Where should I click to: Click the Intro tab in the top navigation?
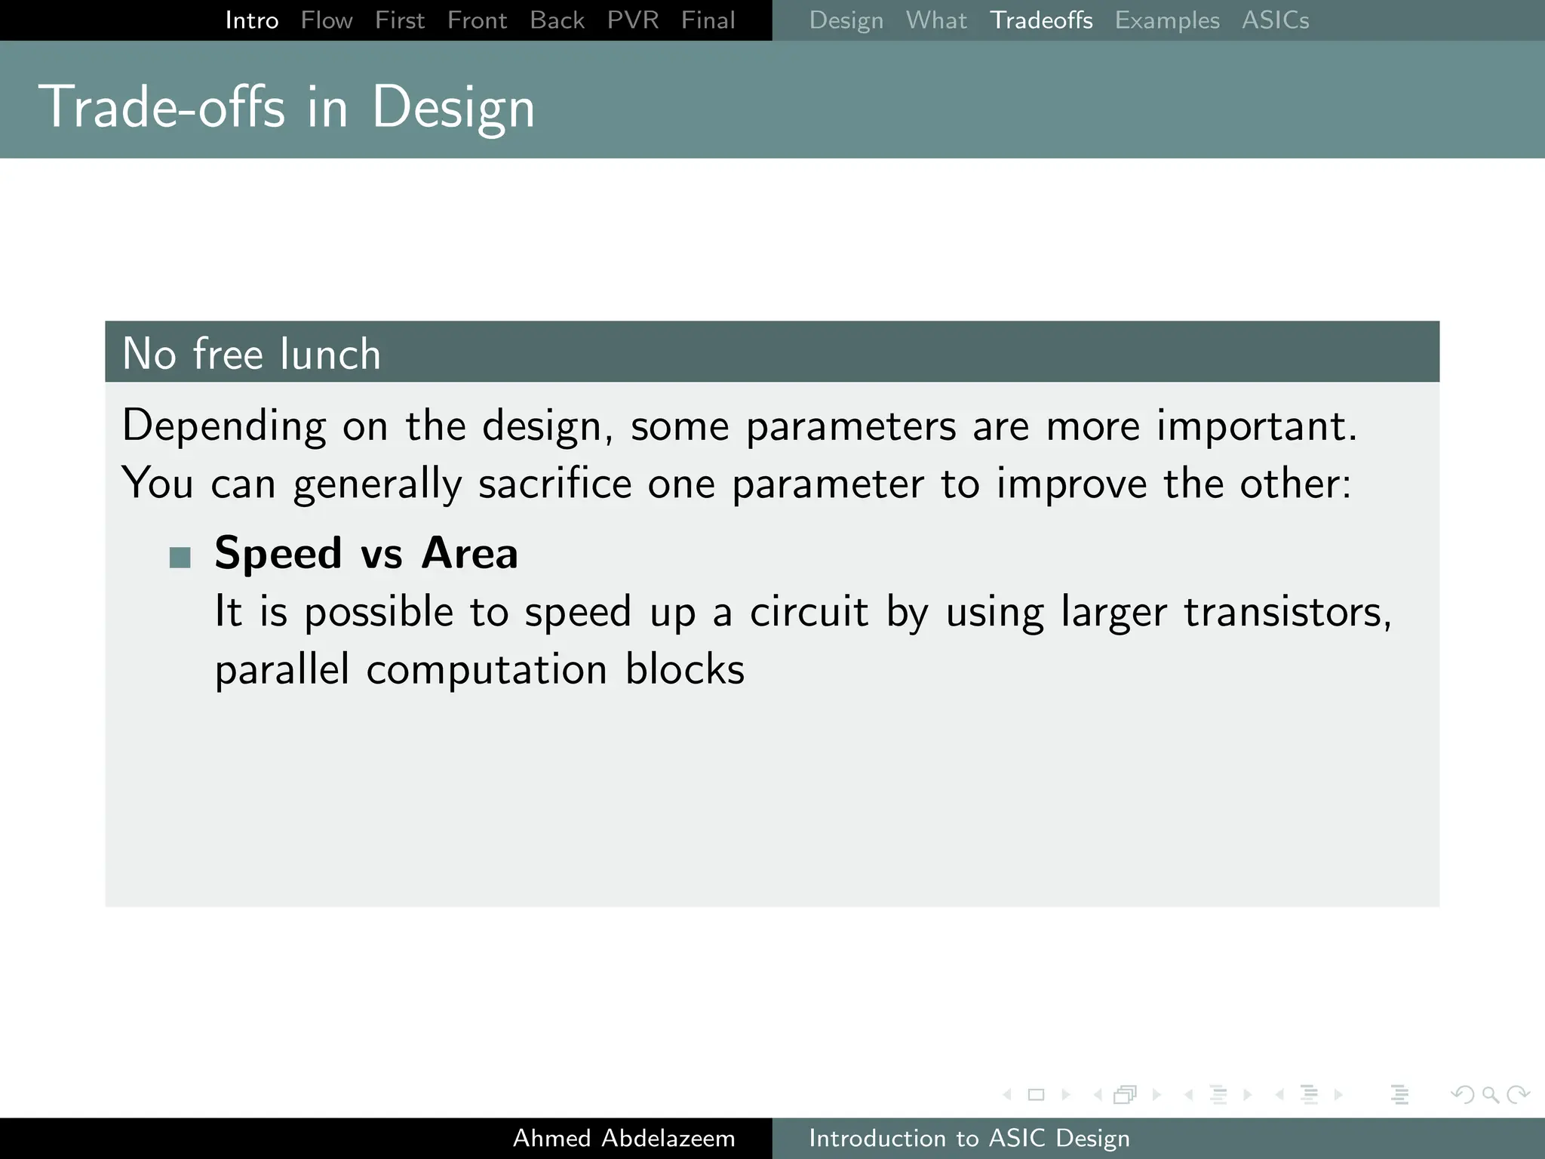click(251, 20)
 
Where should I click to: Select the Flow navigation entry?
click(326, 20)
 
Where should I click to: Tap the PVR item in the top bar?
click(632, 20)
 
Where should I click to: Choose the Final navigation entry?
click(708, 20)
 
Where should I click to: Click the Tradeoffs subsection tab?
click(1040, 20)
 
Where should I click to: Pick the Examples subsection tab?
click(1166, 20)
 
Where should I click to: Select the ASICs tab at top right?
click(1275, 20)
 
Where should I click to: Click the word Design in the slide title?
click(453, 108)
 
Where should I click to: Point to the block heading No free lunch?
click(251, 353)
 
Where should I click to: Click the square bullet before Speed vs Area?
click(180, 558)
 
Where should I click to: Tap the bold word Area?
click(469, 553)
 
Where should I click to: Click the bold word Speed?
click(278, 553)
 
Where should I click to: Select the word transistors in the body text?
click(1286, 612)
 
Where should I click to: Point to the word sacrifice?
click(554, 484)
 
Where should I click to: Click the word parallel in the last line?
click(281, 669)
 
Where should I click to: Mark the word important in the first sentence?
click(1256, 426)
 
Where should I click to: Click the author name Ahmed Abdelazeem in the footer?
click(623, 1138)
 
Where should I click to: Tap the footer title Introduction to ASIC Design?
click(969, 1138)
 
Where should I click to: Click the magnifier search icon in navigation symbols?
click(1490, 1094)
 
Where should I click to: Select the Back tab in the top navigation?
click(557, 20)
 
